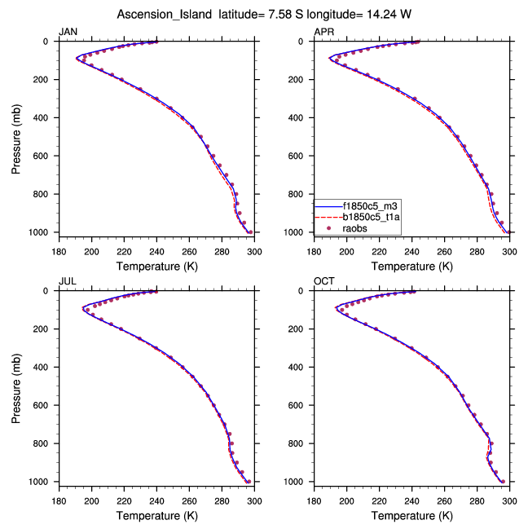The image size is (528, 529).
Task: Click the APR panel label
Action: (323, 32)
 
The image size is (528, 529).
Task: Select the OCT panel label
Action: (323, 281)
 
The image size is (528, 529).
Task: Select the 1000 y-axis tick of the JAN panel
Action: (42, 233)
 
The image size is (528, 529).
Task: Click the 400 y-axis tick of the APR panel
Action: (302, 118)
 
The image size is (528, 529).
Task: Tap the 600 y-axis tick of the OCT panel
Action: (302, 406)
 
